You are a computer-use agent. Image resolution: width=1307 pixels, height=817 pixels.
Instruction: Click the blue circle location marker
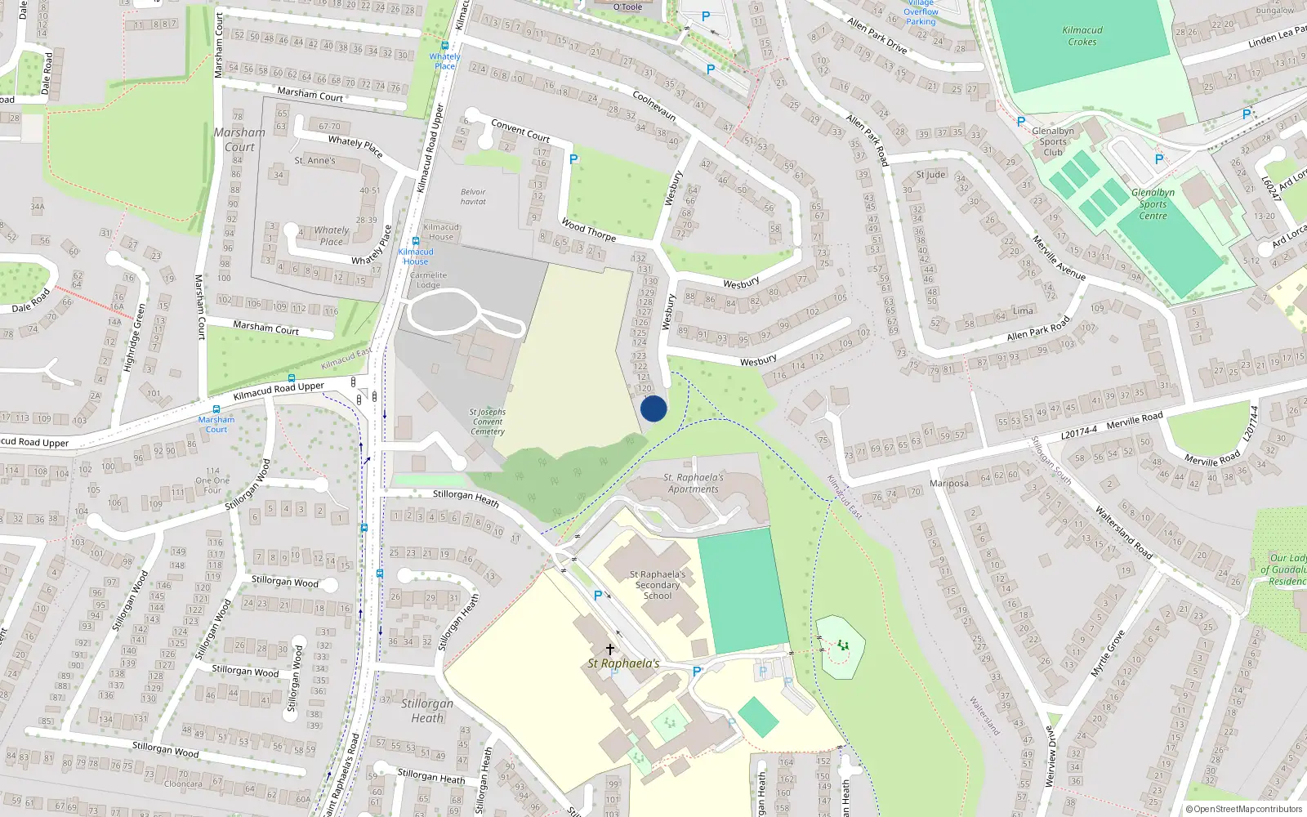pyautogui.click(x=653, y=408)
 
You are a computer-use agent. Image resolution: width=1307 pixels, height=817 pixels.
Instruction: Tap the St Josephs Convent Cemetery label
pyautogui.click(x=488, y=422)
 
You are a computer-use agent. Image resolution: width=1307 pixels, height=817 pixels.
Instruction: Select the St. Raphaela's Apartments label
pyautogui.click(x=694, y=483)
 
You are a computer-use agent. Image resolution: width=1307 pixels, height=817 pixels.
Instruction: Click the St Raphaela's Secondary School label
pyautogui.click(x=658, y=585)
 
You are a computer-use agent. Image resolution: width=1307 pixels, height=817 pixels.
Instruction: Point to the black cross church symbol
pyautogui.click(x=609, y=650)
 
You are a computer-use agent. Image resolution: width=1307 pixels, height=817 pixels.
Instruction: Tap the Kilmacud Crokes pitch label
pyautogui.click(x=1082, y=36)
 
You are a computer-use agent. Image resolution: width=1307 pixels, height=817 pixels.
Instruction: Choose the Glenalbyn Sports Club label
pyautogui.click(x=1053, y=141)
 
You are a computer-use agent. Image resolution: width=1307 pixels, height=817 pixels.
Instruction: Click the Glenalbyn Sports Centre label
pyautogui.click(x=1153, y=204)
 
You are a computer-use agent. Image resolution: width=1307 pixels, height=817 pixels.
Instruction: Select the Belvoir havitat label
pyautogui.click(x=473, y=197)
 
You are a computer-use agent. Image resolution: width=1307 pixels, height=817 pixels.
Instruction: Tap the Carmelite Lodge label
pyautogui.click(x=429, y=280)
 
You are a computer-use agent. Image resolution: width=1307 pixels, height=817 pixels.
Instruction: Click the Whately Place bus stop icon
pyautogui.click(x=444, y=47)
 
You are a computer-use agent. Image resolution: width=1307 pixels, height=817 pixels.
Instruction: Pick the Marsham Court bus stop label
pyautogui.click(x=216, y=424)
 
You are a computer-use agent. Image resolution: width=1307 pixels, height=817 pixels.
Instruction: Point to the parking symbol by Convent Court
pyautogui.click(x=573, y=159)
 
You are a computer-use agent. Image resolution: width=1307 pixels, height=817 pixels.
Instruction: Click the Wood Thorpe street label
pyautogui.click(x=589, y=230)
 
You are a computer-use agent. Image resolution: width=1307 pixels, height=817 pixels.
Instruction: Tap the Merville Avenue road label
pyautogui.click(x=1059, y=259)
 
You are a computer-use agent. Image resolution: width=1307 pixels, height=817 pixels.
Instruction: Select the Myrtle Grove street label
pyautogui.click(x=1108, y=653)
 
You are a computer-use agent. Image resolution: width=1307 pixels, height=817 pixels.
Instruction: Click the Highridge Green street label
pyautogui.click(x=135, y=337)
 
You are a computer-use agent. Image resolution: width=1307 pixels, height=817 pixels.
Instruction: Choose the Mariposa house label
pyautogui.click(x=948, y=483)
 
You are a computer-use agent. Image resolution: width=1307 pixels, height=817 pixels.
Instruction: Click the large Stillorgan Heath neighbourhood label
pyautogui.click(x=427, y=711)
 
